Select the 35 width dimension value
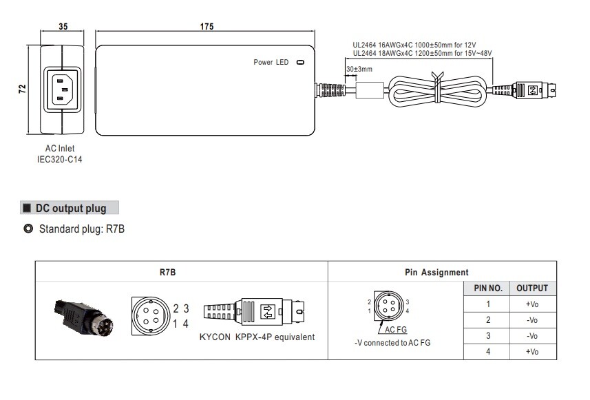point(62,27)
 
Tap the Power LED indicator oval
point(299,63)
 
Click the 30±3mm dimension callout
point(359,69)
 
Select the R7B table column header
point(167,273)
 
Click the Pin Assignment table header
point(436,273)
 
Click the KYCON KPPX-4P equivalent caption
point(257,337)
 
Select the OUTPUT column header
point(532,288)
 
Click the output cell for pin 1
point(532,304)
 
